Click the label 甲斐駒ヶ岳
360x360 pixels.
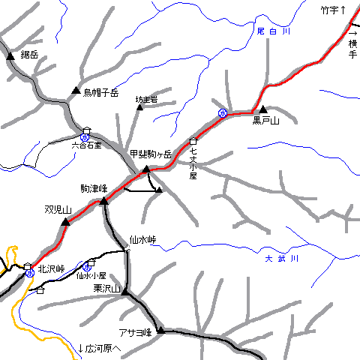[151, 154]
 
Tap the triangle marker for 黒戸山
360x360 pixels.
[263, 109]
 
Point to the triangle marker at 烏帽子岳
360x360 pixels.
[75, 91]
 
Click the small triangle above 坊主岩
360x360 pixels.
[139, 108]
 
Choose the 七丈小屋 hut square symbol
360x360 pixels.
[193, 141]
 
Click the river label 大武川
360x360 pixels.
[282, 259]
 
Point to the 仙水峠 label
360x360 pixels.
[142, 240]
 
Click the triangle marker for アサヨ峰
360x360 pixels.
[160, 330]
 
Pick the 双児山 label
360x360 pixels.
[57, 210]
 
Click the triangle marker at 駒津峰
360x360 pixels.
[104, 201]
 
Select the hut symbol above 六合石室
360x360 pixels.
[86, 129]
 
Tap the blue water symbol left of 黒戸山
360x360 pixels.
[223, 112]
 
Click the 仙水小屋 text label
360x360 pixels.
[91, 275]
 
